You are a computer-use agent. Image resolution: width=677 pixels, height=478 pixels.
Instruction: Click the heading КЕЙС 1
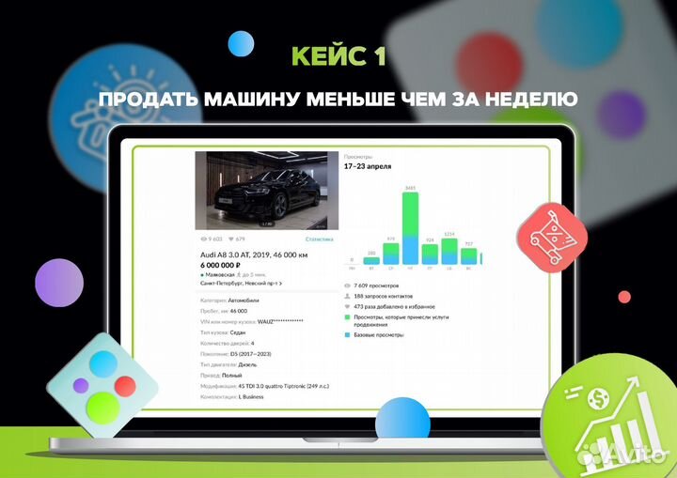point(338,55)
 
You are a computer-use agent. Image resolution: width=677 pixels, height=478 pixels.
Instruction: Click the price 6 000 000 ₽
point(228,265)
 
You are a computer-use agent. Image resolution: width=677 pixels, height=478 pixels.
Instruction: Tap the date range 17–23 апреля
point(370,166)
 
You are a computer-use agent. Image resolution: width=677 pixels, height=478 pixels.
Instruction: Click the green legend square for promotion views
point(347,318)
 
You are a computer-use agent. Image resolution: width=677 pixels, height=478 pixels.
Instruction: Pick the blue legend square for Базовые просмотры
point(347,334)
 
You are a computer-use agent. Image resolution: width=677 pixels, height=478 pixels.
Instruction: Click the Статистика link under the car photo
point(319,239)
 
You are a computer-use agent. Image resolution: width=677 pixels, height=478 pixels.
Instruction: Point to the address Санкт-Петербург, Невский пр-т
point(239,282)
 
